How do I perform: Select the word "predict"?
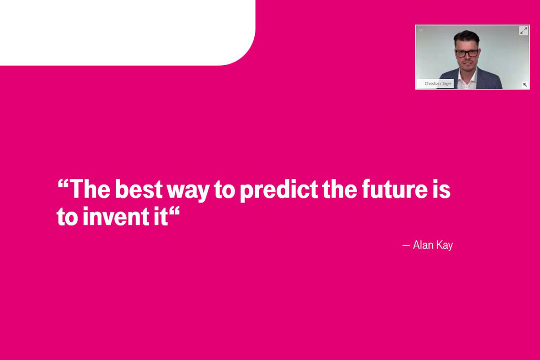(279, 190)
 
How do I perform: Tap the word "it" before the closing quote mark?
(161, 216)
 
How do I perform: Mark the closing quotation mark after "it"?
(174, 211)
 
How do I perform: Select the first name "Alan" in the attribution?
(423, 245)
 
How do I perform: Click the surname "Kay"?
(445, 246)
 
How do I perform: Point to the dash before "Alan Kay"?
(406, 246)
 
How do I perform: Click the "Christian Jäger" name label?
(438, 84)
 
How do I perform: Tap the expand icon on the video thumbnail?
(523, 31)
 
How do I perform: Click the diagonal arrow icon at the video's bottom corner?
(525, 85)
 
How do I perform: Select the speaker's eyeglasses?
(467, 53)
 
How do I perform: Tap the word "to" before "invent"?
(67, 216)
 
